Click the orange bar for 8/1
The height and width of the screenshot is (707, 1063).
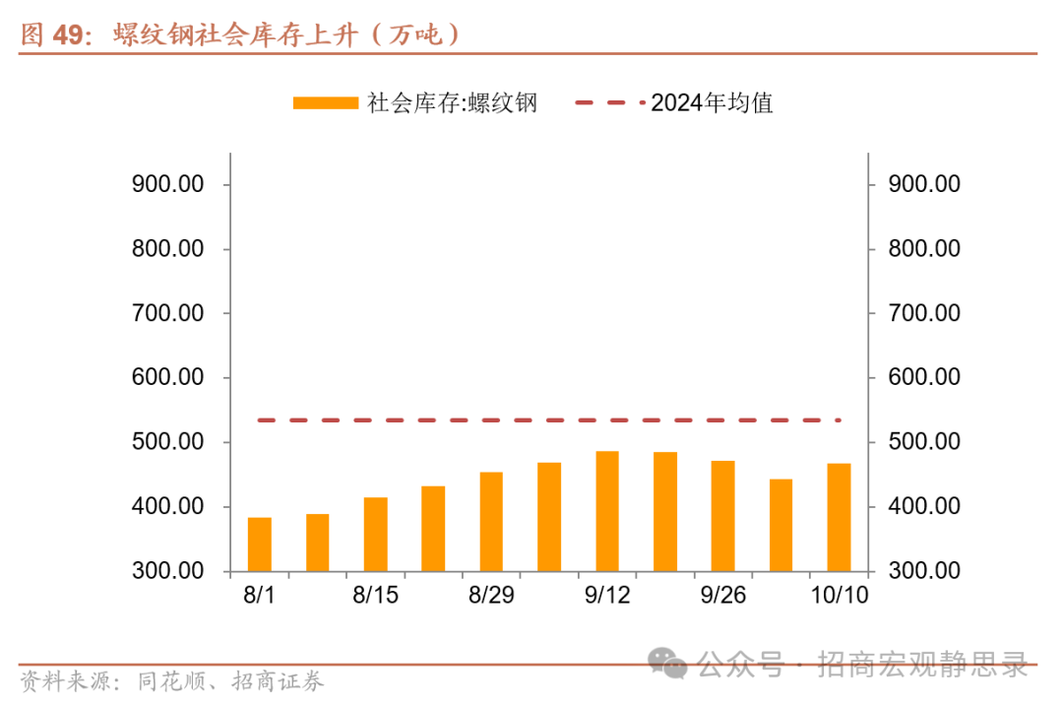click(x=260, y=544)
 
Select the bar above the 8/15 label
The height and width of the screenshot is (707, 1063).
click(x=375, y=534)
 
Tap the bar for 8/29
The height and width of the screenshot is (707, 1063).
click(x=491, y=521)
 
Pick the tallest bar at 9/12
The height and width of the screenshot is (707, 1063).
click(x=607, y=511)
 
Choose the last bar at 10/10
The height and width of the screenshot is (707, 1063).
click(x=839, y=517)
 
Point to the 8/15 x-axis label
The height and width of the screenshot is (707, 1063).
click(x=374, y=596)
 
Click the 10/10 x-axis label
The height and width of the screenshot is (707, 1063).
click(x=838, y=596)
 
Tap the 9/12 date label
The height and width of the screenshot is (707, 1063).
click(x=606, y=596)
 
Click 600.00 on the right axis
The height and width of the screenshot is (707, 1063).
click(x=923, y=377)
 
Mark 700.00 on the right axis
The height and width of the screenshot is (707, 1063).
click(x=923, y=313)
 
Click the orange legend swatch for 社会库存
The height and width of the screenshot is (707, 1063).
click(x=325, y=102)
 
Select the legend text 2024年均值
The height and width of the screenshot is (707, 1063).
click(x=712, y=102)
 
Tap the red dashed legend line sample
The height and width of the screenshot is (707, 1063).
click(x=610, y=102)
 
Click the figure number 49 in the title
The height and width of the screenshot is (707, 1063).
click(x=68, y=35)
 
